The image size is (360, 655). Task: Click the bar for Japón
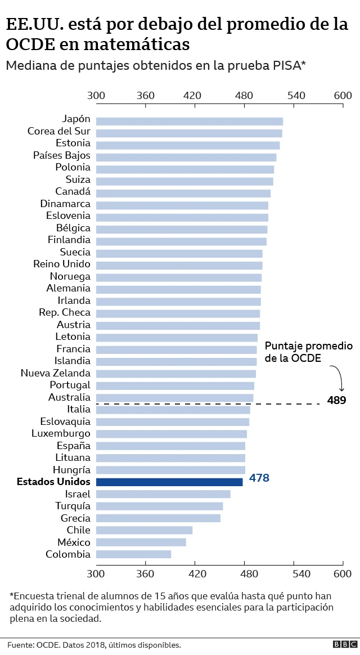[189, 121]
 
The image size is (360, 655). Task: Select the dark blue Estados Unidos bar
[169, 482]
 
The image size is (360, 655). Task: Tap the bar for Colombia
[133, 554]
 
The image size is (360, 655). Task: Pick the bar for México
[141, 542]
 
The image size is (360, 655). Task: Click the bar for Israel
[163, 494]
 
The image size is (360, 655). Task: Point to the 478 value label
[259, 478]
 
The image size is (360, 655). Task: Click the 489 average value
[336, 401]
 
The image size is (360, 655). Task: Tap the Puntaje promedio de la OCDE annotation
[308, 352]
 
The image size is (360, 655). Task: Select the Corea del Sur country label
[58, 132]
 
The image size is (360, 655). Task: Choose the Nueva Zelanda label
[55, 373]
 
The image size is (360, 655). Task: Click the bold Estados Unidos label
[53, 482]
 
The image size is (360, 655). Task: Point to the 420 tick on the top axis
[195, 96]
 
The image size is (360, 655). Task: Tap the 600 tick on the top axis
[343, 96]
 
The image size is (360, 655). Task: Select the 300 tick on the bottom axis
[96, 574]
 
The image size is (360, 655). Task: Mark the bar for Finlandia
[181, 241]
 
